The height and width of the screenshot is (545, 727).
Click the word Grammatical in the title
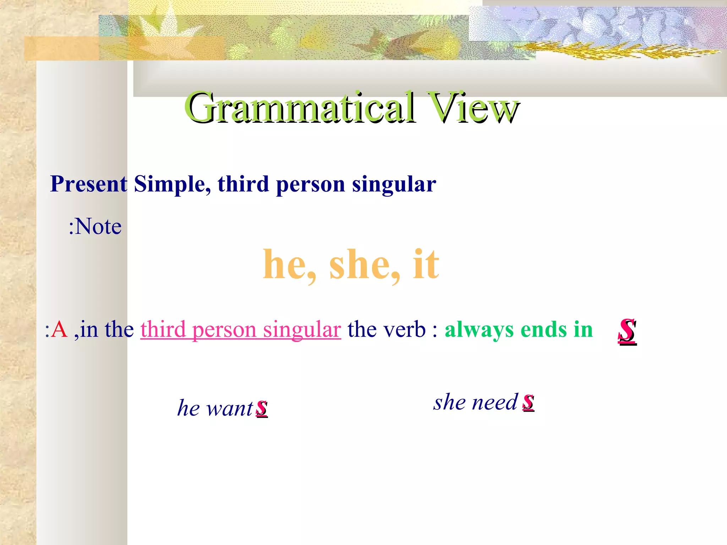(300, 107)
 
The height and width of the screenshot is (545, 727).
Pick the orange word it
(426, 264)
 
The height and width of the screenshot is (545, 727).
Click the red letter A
(59, 329)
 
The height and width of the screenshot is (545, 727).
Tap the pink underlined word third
(163, 329)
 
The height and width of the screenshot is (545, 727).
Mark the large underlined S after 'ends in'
(627, 331)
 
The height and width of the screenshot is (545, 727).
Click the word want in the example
(230, 408)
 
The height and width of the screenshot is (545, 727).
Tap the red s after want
(262, 408)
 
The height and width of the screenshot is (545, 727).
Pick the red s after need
(528, 402)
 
